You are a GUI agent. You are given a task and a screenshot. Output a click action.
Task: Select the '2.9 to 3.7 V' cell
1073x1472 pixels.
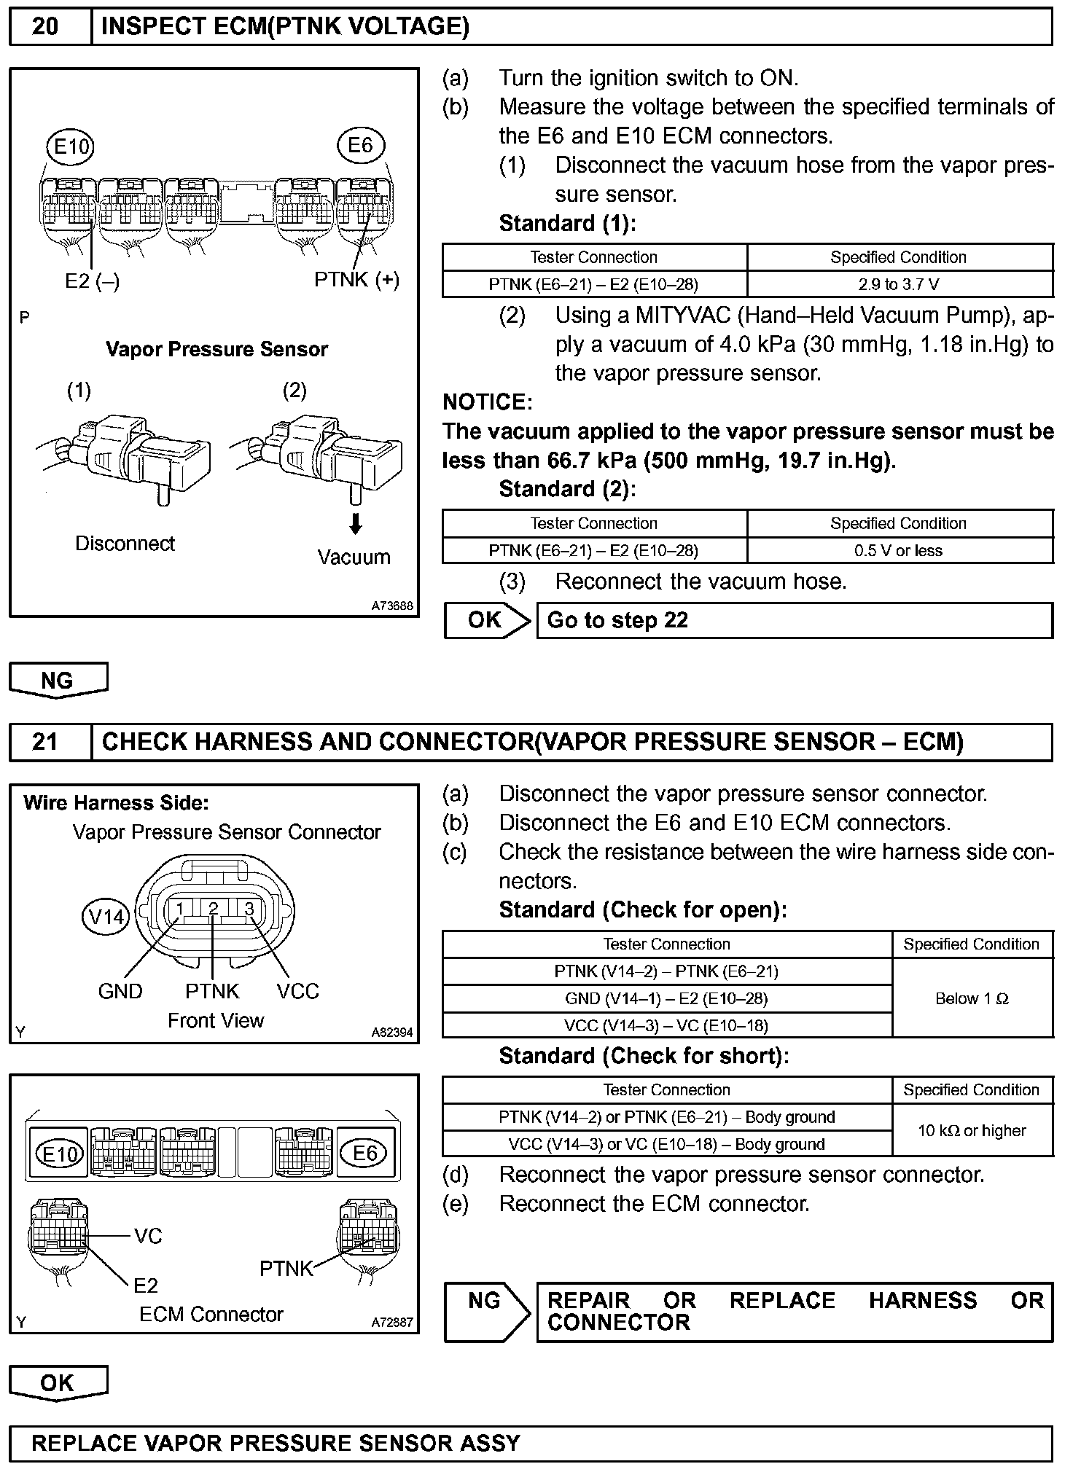900,284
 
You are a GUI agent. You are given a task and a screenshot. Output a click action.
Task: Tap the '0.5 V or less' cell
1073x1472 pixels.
900,550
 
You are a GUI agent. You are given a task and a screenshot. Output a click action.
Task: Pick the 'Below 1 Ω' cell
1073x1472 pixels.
972,998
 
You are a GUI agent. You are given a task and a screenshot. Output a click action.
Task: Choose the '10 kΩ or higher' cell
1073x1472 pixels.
972,1130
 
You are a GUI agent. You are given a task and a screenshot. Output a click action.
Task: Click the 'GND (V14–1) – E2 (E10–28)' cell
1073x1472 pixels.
666,998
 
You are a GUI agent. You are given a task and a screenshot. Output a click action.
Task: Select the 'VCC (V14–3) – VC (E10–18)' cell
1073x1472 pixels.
666,1025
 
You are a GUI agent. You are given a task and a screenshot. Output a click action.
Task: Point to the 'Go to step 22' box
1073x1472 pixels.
794,620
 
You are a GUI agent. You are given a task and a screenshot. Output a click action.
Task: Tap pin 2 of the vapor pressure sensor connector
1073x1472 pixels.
213,908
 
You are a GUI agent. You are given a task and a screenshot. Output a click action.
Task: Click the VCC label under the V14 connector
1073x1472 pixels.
297,991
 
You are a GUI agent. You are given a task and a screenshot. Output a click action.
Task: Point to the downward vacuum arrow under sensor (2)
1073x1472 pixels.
356,523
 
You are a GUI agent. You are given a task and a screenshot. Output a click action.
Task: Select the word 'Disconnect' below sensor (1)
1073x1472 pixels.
125,544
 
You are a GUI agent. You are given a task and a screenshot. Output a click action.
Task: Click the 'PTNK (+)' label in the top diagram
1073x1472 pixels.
356,280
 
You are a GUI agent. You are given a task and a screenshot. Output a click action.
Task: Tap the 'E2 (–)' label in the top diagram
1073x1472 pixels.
92,281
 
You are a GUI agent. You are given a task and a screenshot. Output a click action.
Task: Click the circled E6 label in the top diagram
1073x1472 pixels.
360,145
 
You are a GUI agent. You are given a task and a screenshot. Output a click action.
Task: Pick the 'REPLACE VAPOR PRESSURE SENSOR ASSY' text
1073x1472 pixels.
276,1444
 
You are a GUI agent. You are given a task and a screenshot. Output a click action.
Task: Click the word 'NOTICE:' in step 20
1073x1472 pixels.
488,402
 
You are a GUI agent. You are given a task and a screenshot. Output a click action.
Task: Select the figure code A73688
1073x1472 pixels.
392,606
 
